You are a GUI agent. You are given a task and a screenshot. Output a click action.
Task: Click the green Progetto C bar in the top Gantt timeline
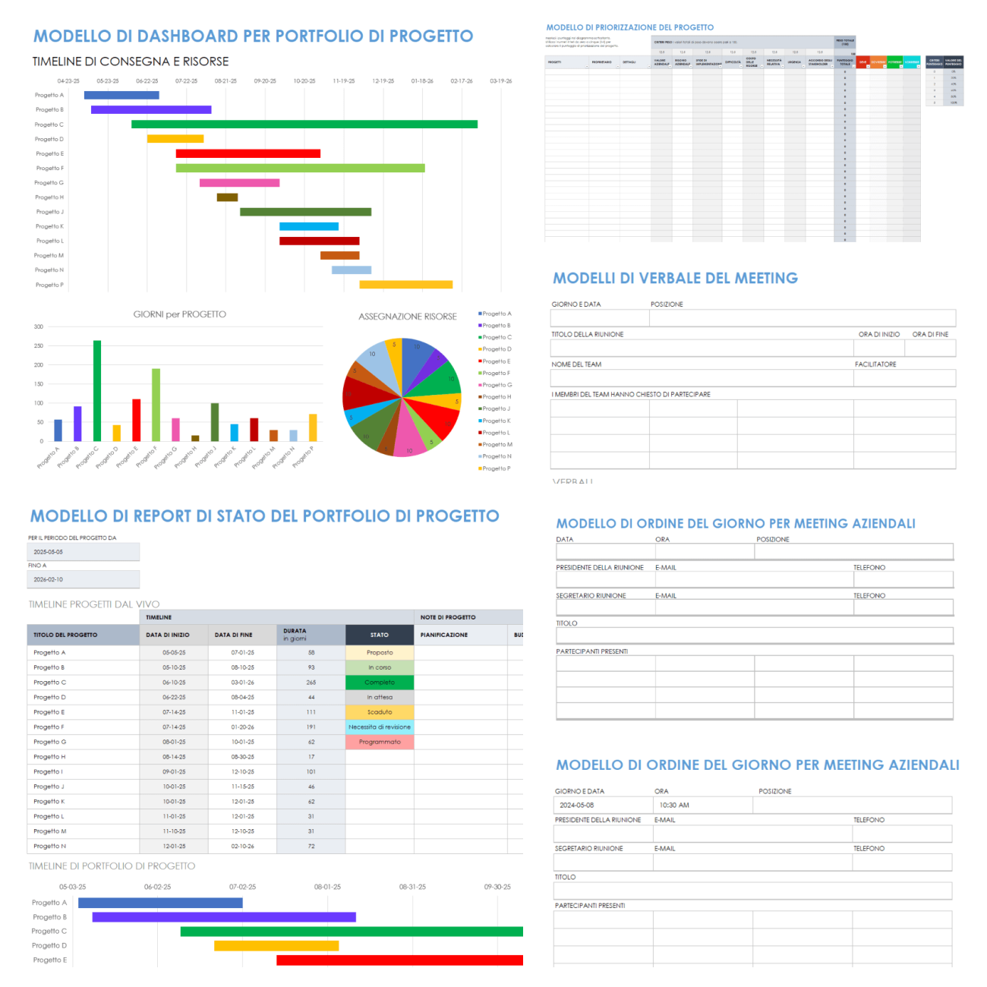pos(304,125)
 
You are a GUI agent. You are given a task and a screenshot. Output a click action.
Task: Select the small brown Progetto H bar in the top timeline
pos(227,197)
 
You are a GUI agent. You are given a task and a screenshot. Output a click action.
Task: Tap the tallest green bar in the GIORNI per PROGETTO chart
pos(97,390)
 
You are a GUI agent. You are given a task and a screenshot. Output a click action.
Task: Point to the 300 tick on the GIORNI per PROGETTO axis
pos(39,327)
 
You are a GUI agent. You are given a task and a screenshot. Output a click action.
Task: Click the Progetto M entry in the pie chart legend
pos(497,445)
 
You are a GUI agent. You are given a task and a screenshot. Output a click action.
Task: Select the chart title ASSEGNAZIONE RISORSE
pos(408,317)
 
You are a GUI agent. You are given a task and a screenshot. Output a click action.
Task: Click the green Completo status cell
pos(380,683)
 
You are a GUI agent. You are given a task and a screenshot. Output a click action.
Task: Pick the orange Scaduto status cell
pos(380,712)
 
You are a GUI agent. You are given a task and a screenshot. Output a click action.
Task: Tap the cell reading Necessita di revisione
pos(380,727)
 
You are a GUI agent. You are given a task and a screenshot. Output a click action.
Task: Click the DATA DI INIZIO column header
pos(168,635)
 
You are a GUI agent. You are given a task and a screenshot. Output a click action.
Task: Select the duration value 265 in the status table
pos(311,683)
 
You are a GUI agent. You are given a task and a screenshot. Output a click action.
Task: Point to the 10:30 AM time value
pos(674,806)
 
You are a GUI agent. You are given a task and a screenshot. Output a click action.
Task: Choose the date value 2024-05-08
pos(577,806)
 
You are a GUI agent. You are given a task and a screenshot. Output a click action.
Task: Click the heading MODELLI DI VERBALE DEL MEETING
pos(675,279)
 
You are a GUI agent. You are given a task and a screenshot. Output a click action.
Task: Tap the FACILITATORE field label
pos(875,364)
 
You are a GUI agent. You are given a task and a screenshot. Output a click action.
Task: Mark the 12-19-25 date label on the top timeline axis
pos(383,81)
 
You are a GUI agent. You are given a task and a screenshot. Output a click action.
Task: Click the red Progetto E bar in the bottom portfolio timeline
pos(399,960)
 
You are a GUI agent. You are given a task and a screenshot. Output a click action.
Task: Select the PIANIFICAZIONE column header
pos(444,635)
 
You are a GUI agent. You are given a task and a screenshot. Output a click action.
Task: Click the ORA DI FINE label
pos(930,334)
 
